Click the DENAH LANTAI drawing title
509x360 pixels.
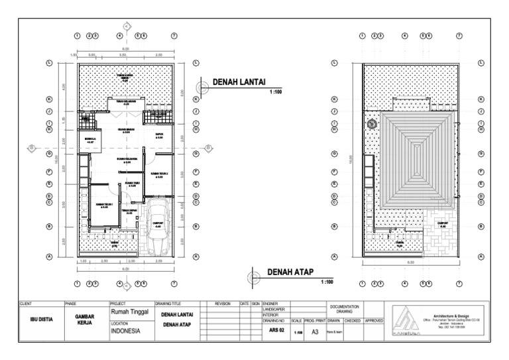pyautogui.click(x=239, y=82)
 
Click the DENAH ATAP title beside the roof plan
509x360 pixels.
pyautogui.click(x=290, y=272)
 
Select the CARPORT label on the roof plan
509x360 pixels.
pyautogui.click(x=443, y=224)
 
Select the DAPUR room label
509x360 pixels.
pyautogui.click(x=160, y=135)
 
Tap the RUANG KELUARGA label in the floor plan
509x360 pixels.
pyautogui.click(x=127, y=160)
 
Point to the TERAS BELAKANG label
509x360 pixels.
pyautogui.click(x=126, y=103)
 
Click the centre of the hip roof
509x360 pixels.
pyautogui.click(x=417, y=160)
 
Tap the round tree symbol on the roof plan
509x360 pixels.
pyautogui.click(x=372, y=123)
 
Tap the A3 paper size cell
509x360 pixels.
pyautogui.click(x=315, y=332)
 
